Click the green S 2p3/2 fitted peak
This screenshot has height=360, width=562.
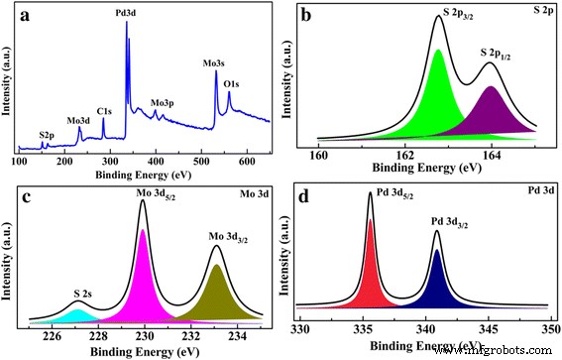tap(438, 99)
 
